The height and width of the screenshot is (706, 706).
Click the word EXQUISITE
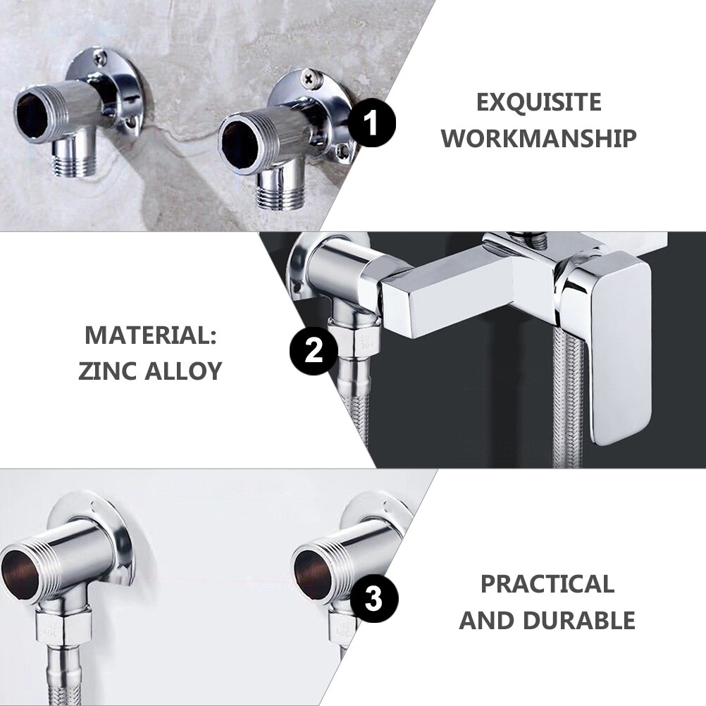(539, 102)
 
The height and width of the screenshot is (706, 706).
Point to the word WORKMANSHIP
(539, 138)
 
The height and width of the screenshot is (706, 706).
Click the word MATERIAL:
(151, 335)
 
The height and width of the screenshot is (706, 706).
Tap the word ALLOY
(184, 371)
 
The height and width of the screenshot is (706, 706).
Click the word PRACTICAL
(547, 584)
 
